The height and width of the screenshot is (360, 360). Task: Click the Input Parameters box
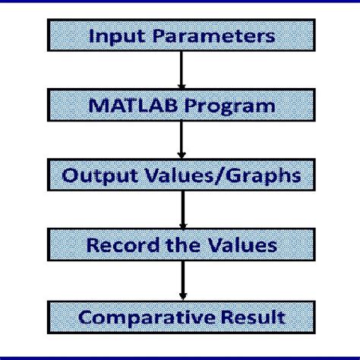pos(180,36)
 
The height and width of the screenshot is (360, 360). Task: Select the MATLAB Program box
pos(180,105)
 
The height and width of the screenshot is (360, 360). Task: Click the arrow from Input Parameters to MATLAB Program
pos(180,71)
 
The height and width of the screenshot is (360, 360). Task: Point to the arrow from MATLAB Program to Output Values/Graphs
pos(180,140)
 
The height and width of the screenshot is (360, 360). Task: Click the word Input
pos(111,36)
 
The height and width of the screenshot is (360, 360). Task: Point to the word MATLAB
pos(124,105)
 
